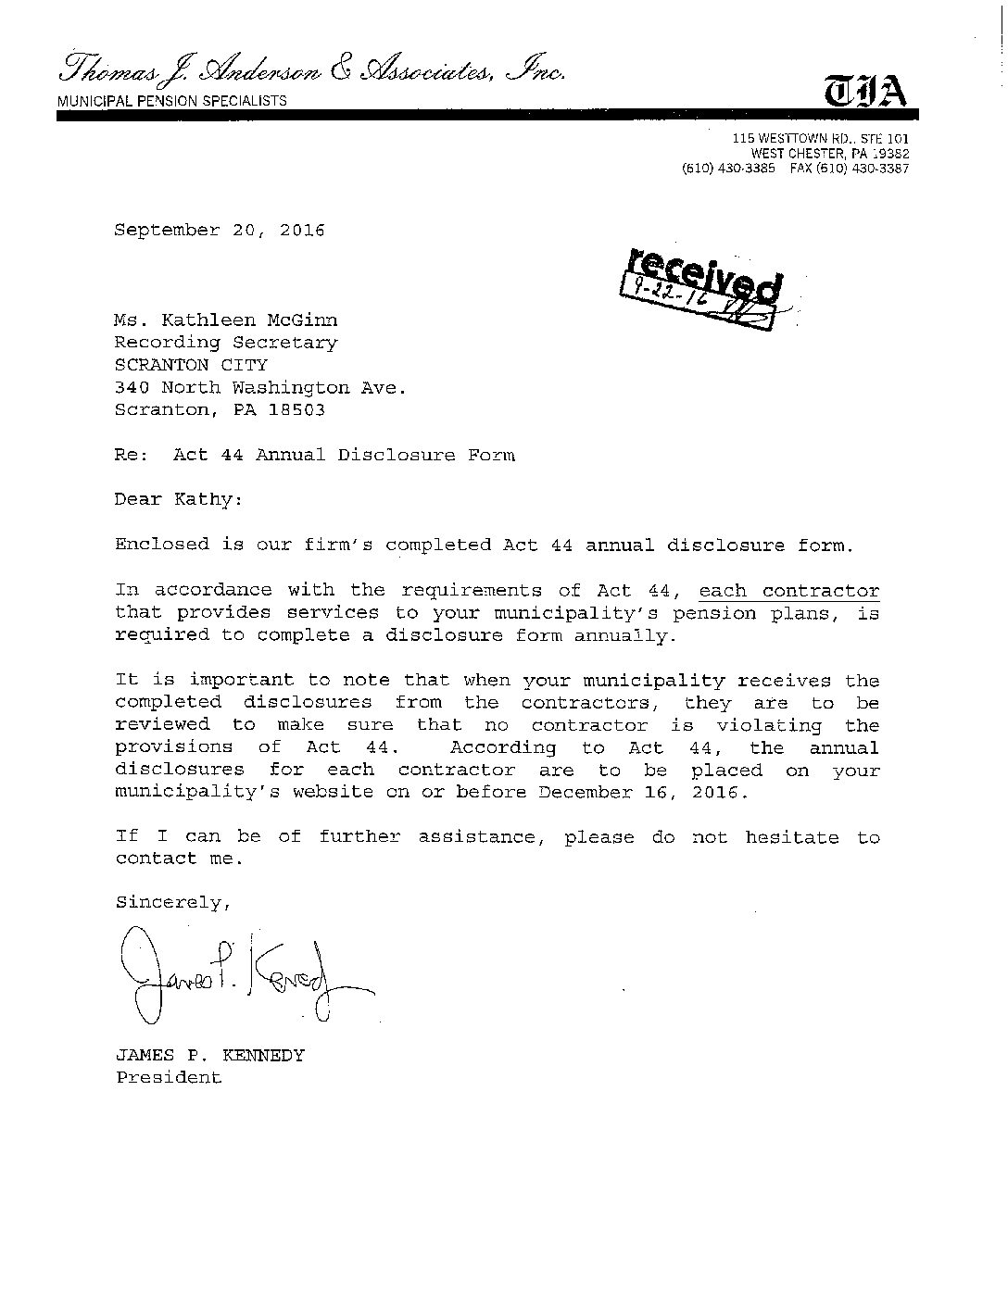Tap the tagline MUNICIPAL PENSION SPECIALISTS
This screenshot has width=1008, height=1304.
(172, 101)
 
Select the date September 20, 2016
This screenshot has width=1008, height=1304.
(220, 231)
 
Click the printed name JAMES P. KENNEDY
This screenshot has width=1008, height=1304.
(209, 1055)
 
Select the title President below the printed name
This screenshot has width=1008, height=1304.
(169, 1077)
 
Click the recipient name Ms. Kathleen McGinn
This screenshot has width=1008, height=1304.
(226, 320)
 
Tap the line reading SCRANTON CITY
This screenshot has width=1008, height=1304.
(191, 365)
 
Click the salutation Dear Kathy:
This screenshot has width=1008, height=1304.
(179, 499)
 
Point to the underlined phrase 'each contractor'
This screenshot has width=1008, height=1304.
(788, 591)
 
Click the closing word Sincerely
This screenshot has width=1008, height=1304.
(170, 903)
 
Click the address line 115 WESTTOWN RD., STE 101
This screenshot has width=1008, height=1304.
(821, 139)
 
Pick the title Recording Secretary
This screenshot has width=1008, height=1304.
(226, 343)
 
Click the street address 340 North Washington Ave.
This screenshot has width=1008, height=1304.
(260, 387)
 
